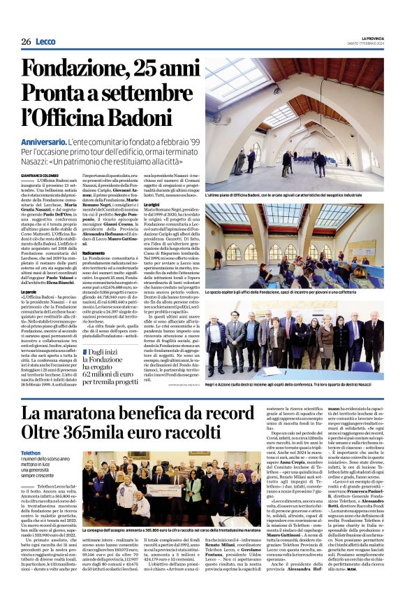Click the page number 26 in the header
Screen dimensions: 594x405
click(26, 42)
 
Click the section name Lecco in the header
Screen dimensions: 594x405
click(45, 42)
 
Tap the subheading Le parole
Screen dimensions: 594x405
click(30, 271)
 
